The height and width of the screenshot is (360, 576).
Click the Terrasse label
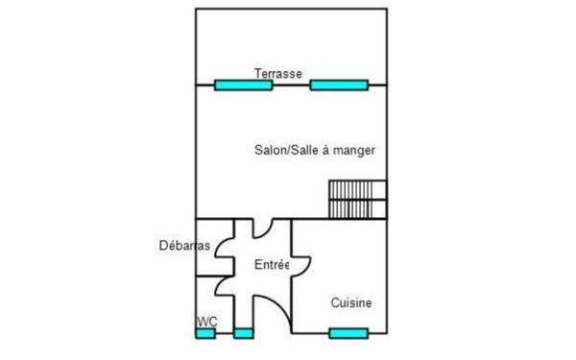(x=278, y=74)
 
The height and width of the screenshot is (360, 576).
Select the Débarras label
(x=184, y=246)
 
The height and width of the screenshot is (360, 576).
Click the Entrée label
(x=271, y=265)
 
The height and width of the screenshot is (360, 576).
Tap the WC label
(x=207, y=322)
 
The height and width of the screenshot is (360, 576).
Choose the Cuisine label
(x=351, y=302)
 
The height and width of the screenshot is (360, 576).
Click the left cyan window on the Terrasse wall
(x=244, y=85)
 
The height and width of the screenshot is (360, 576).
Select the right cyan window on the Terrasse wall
(x=339, y=85)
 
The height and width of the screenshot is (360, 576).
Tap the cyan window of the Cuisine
(x=348, y=333)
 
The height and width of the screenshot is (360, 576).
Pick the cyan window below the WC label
(x=205, y=333)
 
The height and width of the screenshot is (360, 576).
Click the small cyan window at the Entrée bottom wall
(x=244, y=333)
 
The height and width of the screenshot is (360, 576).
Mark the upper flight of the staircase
(x=357, y=190)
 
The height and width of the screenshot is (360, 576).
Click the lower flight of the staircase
(x=357, y=209)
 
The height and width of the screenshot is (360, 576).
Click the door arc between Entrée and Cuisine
(x=307, y=268)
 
